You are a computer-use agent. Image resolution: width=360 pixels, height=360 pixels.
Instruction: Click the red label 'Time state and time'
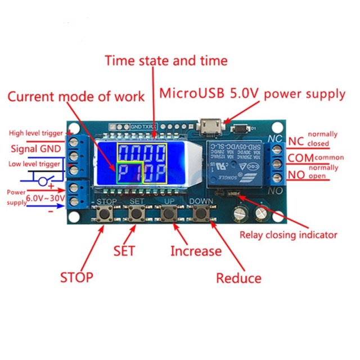coord(166,60)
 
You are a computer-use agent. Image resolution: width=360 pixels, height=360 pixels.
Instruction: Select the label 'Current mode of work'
coord(76,96)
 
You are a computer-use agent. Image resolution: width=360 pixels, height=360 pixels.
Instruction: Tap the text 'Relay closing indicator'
coord(289,235)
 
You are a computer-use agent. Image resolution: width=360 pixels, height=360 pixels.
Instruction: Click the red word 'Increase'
coord(196,251)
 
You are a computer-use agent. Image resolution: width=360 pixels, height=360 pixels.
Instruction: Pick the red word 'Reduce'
coord(238,278)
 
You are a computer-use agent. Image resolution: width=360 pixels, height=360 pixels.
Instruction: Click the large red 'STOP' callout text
coord(76,277)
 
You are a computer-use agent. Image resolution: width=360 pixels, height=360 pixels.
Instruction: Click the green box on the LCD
coord(129,174)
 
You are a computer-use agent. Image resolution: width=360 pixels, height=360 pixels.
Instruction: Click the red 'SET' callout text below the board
coord(124,250)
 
